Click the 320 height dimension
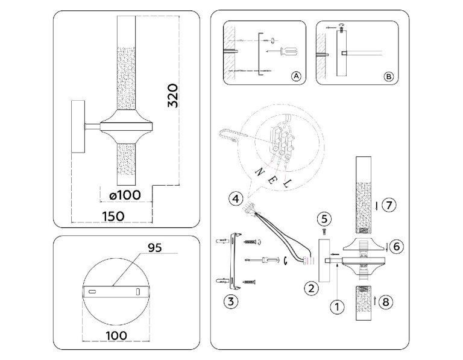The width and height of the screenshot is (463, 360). tap(173, 96)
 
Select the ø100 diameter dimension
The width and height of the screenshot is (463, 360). tap(125, 195)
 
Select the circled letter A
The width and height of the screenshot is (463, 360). tap(295, 77)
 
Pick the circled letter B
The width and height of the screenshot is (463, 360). tap(388, 77)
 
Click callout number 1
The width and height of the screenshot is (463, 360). tap(336, 306)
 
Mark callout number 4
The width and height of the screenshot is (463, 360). tap(236, 197)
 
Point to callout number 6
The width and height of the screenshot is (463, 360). tap(396, 246)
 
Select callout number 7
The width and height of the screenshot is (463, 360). tap(389, 205)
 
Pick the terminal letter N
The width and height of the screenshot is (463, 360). tap(260, 171)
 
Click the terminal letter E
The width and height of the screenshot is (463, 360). tap(275, 177)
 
